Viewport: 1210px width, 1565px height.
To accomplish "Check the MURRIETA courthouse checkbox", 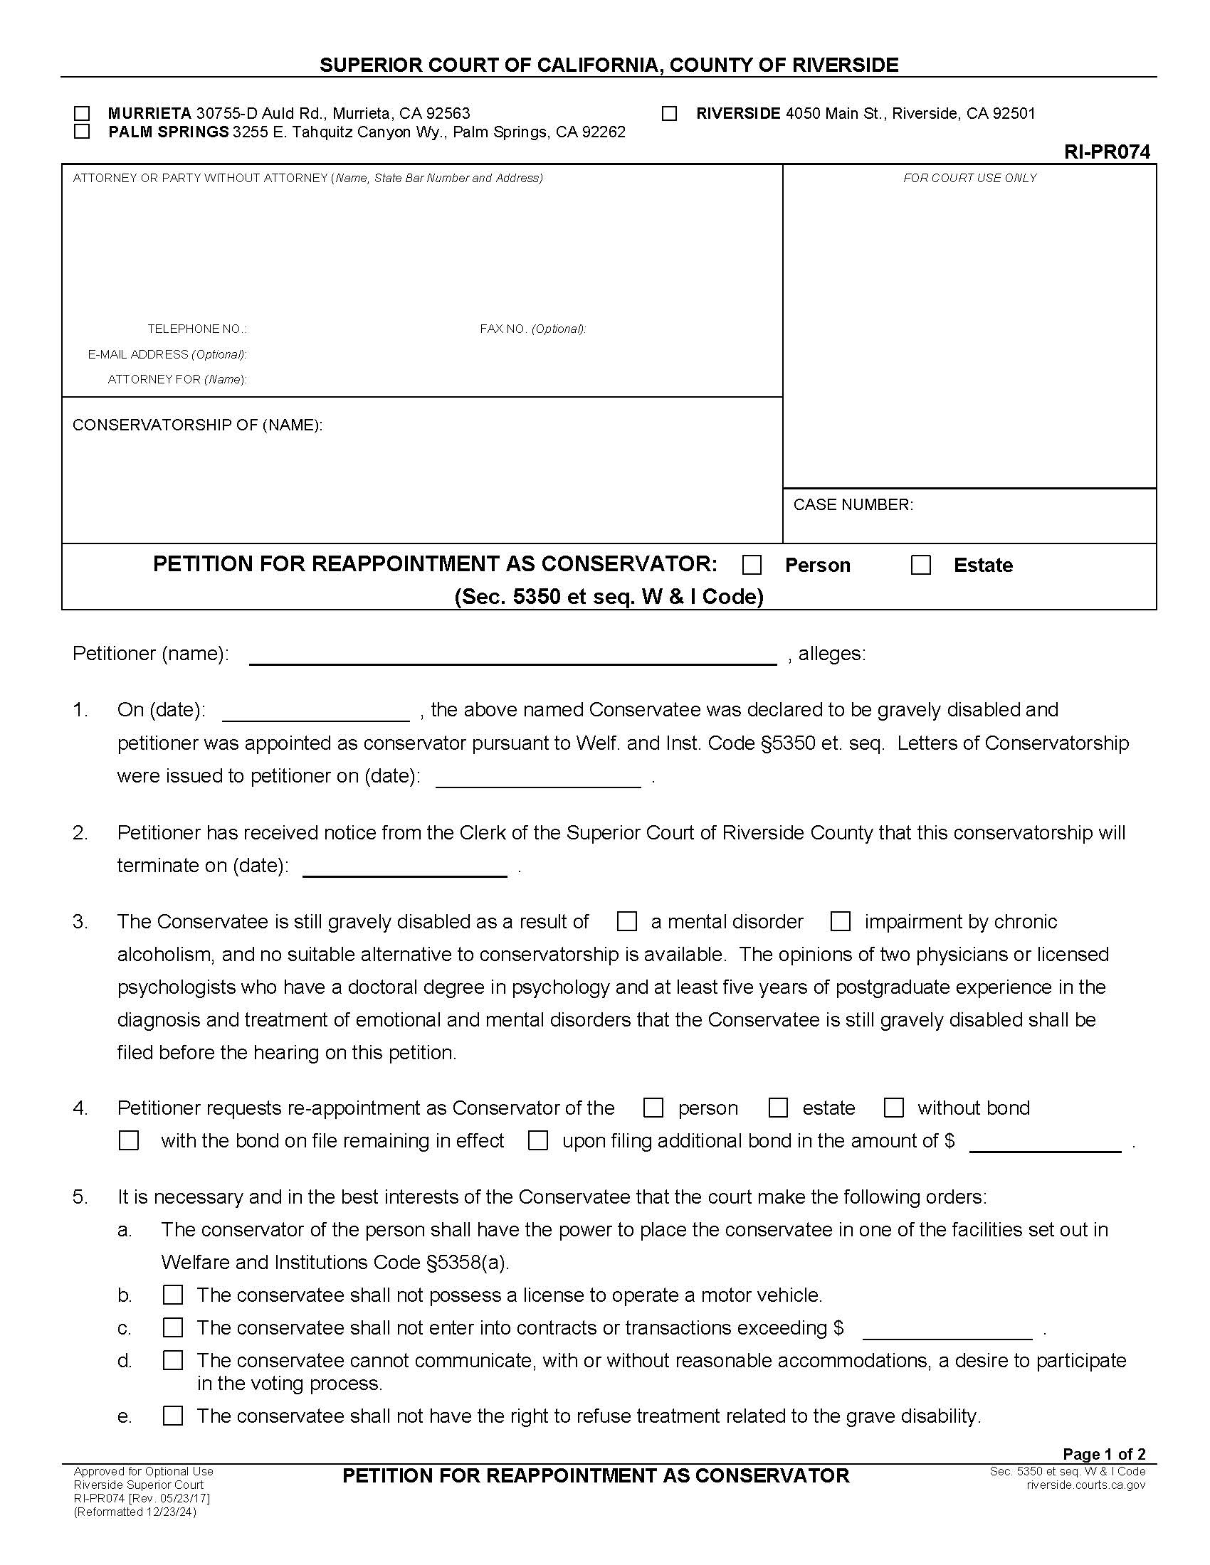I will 82,113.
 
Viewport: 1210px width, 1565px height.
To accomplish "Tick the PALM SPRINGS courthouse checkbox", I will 82,132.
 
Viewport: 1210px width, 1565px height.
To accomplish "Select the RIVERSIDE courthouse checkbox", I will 669,113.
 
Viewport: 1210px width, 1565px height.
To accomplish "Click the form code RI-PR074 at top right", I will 1107,152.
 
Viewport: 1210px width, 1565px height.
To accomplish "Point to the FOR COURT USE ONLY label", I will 969,178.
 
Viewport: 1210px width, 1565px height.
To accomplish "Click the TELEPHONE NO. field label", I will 197,329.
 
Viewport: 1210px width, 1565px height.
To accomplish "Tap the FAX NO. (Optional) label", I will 532,329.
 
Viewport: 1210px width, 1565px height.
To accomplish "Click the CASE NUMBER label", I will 853,504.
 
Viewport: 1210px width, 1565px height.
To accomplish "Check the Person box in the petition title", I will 752,566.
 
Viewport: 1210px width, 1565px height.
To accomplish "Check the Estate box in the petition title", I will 920,566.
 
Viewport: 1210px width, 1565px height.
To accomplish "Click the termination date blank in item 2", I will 405,867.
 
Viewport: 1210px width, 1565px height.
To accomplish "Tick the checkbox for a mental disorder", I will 626,921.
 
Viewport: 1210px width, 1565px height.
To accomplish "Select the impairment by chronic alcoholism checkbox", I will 840,921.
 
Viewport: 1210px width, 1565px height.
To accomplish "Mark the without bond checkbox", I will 893,1108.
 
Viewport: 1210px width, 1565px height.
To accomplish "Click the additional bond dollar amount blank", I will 1044,1142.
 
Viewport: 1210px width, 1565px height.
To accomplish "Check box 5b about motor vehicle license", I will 173,1295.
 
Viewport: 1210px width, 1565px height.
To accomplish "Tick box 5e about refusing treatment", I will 173,1416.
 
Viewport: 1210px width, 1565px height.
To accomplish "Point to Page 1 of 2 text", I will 1104,1454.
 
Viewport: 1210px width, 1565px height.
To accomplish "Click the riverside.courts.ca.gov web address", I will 1085,1485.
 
